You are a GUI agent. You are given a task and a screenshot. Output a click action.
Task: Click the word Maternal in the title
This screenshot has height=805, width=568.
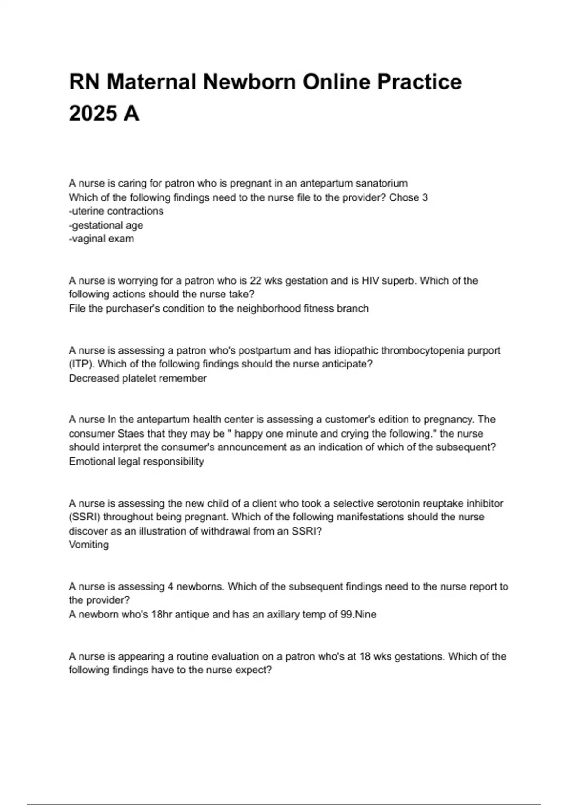[x=151, y=82]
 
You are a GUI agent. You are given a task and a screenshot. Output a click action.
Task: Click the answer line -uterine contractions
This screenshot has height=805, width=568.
[x=116, y=211]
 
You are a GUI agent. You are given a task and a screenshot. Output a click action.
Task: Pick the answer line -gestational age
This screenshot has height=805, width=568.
[x=106, y=225]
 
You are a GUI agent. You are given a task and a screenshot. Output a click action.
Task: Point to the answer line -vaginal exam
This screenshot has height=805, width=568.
[x=101, y=239]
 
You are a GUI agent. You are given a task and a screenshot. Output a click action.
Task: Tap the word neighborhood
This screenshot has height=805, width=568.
[x=272, y=309]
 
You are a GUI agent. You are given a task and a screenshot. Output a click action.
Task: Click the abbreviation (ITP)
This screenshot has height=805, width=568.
[x=80, y=365]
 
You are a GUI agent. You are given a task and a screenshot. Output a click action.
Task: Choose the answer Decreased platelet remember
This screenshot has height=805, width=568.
[x=138, y=378]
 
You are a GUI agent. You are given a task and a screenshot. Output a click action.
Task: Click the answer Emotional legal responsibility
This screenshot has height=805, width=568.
[x=136, y=462]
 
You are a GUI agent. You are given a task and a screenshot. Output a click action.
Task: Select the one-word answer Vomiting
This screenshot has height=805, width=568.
[x=89, y=545]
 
